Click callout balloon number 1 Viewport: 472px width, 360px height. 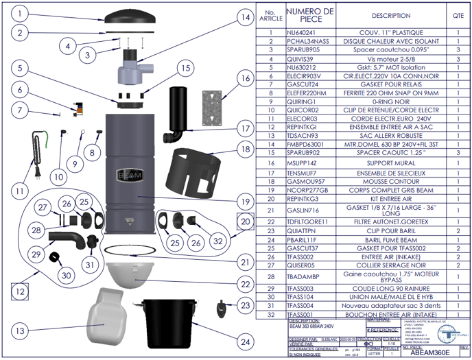click(x=22, y=13)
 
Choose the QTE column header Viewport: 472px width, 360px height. click(x=458, y=15)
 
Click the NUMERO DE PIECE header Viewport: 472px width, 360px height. click(x=309, y=15)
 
